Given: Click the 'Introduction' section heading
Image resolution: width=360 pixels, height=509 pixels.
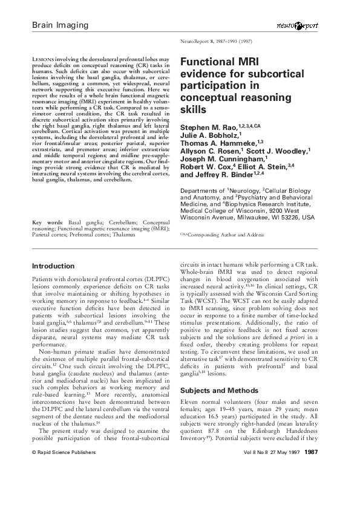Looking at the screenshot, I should [53, 265].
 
